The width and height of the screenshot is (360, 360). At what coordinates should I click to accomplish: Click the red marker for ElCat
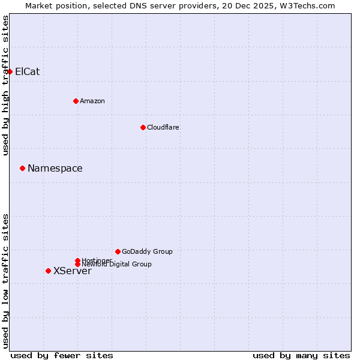coord(10,71)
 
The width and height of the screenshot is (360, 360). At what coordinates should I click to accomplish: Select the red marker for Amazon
coord(76,101)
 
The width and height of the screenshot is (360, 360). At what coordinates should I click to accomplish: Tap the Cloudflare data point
coord(143,127)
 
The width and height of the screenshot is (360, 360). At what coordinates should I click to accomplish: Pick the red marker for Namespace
coord(22,168)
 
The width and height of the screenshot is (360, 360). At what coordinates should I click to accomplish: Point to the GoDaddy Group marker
coord(118,251)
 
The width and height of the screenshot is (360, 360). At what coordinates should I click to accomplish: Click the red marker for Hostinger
coord(77,260)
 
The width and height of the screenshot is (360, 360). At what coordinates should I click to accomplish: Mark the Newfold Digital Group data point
coord(77,264)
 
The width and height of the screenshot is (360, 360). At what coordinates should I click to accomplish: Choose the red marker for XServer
coord(48,271)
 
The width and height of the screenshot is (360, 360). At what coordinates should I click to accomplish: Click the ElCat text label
coord(27,71)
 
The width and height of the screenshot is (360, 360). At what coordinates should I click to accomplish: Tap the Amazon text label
coord(92,101)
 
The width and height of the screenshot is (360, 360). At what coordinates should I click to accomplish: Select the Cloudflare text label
coord(163,127)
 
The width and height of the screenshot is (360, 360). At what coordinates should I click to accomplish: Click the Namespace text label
coord(55,168)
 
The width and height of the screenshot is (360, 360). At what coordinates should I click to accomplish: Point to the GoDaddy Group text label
coord(146,251)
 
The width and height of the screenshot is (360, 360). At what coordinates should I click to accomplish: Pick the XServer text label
coord(72,271)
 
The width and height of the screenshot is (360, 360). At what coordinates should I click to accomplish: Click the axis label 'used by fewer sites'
coord(61,355)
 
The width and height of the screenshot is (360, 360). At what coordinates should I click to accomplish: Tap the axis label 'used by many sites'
coord(301,355)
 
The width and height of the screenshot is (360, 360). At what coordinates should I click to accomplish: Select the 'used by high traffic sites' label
coord(6,85)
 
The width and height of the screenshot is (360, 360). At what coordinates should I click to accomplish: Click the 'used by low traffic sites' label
coord(6,280)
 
